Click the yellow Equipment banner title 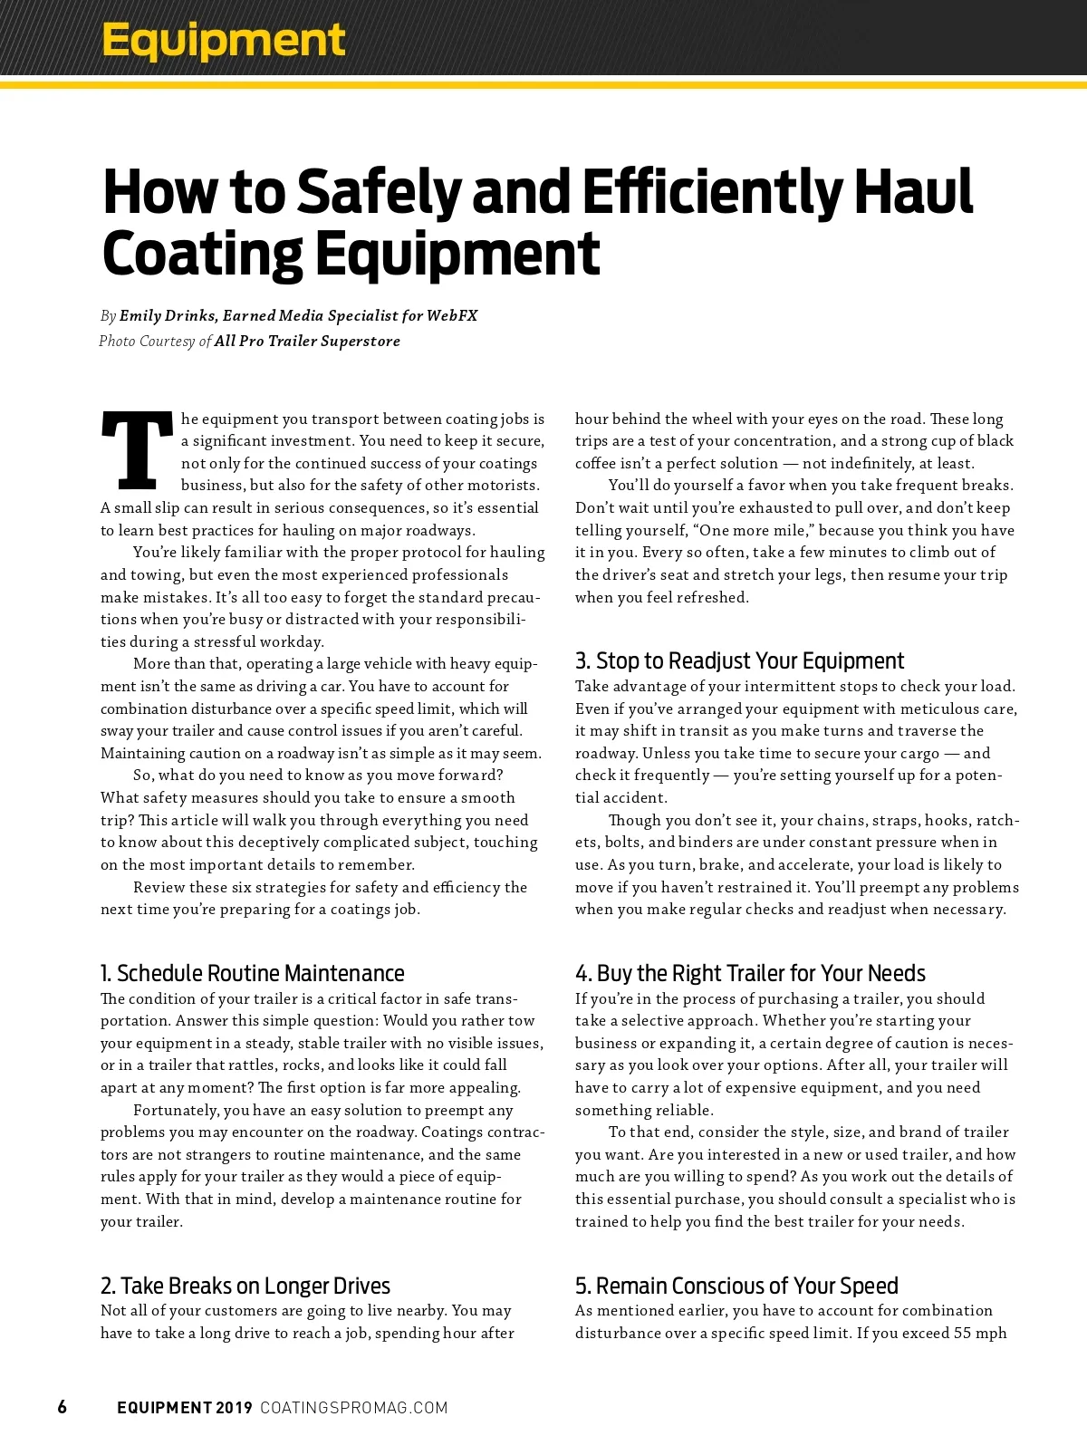pyautogui.click(x=223, y=40)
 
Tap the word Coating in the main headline pyautogui.click(x=201, y=255)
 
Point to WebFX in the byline pyautogui.click(x=451, y=316)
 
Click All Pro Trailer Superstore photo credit pyautogui.click(x=307, y=342)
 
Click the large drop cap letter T pyautogui.click(x=137, y=449)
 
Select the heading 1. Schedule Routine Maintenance pyautogui.click(x=253, y=973)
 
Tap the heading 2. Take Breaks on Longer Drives pyautogui.click(x=245, y=1286)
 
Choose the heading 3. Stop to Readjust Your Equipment pyautogui.click(x=739, y=660)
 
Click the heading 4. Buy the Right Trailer pyautogui.click(x=750, y=973)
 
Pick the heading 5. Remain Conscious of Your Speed pyautogui.click(x=736, y=1286)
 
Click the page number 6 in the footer pyautogui.click(x=62, y=1407)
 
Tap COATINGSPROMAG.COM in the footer pyautogui.click(x=354, y=1408)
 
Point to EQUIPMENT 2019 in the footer pyautogui.click(x=185, y=1408)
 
